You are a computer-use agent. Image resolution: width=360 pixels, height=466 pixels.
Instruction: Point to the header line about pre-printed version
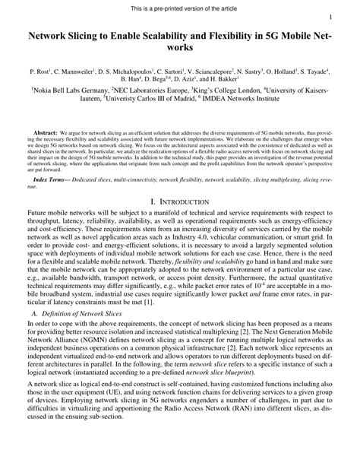pyautogui.click(x=179, y=5)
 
